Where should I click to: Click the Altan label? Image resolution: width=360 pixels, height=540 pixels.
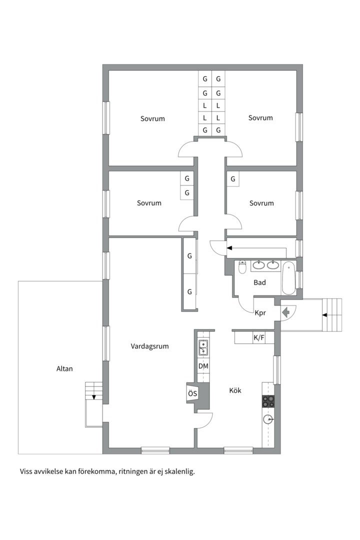tap(64, 369)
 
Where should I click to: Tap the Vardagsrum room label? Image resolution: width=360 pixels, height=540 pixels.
tap(149, 346)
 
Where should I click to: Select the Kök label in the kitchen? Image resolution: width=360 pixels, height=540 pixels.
tap(235, 390)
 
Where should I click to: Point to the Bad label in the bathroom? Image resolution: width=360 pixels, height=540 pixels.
tap(259, 282)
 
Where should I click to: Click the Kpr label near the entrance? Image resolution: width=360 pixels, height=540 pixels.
tap(260, 313)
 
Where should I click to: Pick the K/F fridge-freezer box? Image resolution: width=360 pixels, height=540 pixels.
tap(258, 338)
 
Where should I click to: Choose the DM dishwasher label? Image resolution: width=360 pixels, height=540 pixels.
tap(203, 366)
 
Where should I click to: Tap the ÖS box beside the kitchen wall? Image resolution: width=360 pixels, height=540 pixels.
tap(192, 394)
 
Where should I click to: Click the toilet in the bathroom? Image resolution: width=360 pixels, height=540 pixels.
tap(242, 267)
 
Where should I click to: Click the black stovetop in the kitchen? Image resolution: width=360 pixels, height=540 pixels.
tap(268, 400)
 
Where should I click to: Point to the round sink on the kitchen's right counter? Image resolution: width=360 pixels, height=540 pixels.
tap(268, 419)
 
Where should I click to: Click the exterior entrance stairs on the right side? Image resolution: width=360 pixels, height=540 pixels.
tap(333, 315)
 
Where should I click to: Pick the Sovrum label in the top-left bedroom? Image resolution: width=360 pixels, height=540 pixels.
tap(152, 119)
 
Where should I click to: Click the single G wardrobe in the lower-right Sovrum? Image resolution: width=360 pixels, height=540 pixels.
tap(233, 178)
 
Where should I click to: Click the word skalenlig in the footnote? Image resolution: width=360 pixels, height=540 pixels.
tap(178, 471)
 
